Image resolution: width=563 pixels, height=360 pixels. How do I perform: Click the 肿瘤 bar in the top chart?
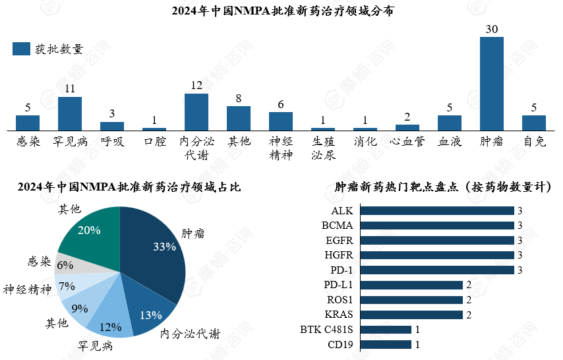[x=491, y=83]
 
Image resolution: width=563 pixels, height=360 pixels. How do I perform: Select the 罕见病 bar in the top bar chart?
[x=70, y=113]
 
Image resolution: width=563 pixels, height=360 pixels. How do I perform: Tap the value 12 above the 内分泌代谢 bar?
[x=196, y=86]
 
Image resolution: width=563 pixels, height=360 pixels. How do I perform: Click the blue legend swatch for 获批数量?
[x=21, y=49]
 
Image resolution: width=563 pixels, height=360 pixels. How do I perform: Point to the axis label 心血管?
[x=407, y=141]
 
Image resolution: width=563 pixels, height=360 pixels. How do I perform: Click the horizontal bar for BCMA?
[x=437, y=225]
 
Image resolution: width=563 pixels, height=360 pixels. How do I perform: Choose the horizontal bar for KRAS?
[x=411, y=315]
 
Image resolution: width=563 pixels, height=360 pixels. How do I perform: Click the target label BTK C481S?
[x=326, y=330]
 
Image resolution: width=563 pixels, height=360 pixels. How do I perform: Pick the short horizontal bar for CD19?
[x=386, y=344]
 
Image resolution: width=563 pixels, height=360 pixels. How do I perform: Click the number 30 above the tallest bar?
[x=491, y=30]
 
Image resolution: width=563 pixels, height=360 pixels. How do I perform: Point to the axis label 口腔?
[x=154, y=141]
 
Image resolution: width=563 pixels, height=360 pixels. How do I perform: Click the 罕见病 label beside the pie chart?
[x=96, y=345]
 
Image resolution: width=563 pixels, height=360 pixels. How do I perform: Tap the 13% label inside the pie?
[x=151, y=315]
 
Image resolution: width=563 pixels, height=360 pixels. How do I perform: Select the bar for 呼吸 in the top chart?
[x=112, y=125]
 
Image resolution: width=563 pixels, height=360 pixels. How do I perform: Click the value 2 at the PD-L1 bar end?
[x=469, y=285]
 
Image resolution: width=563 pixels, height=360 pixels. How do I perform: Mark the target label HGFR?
[x=342, y=255]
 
